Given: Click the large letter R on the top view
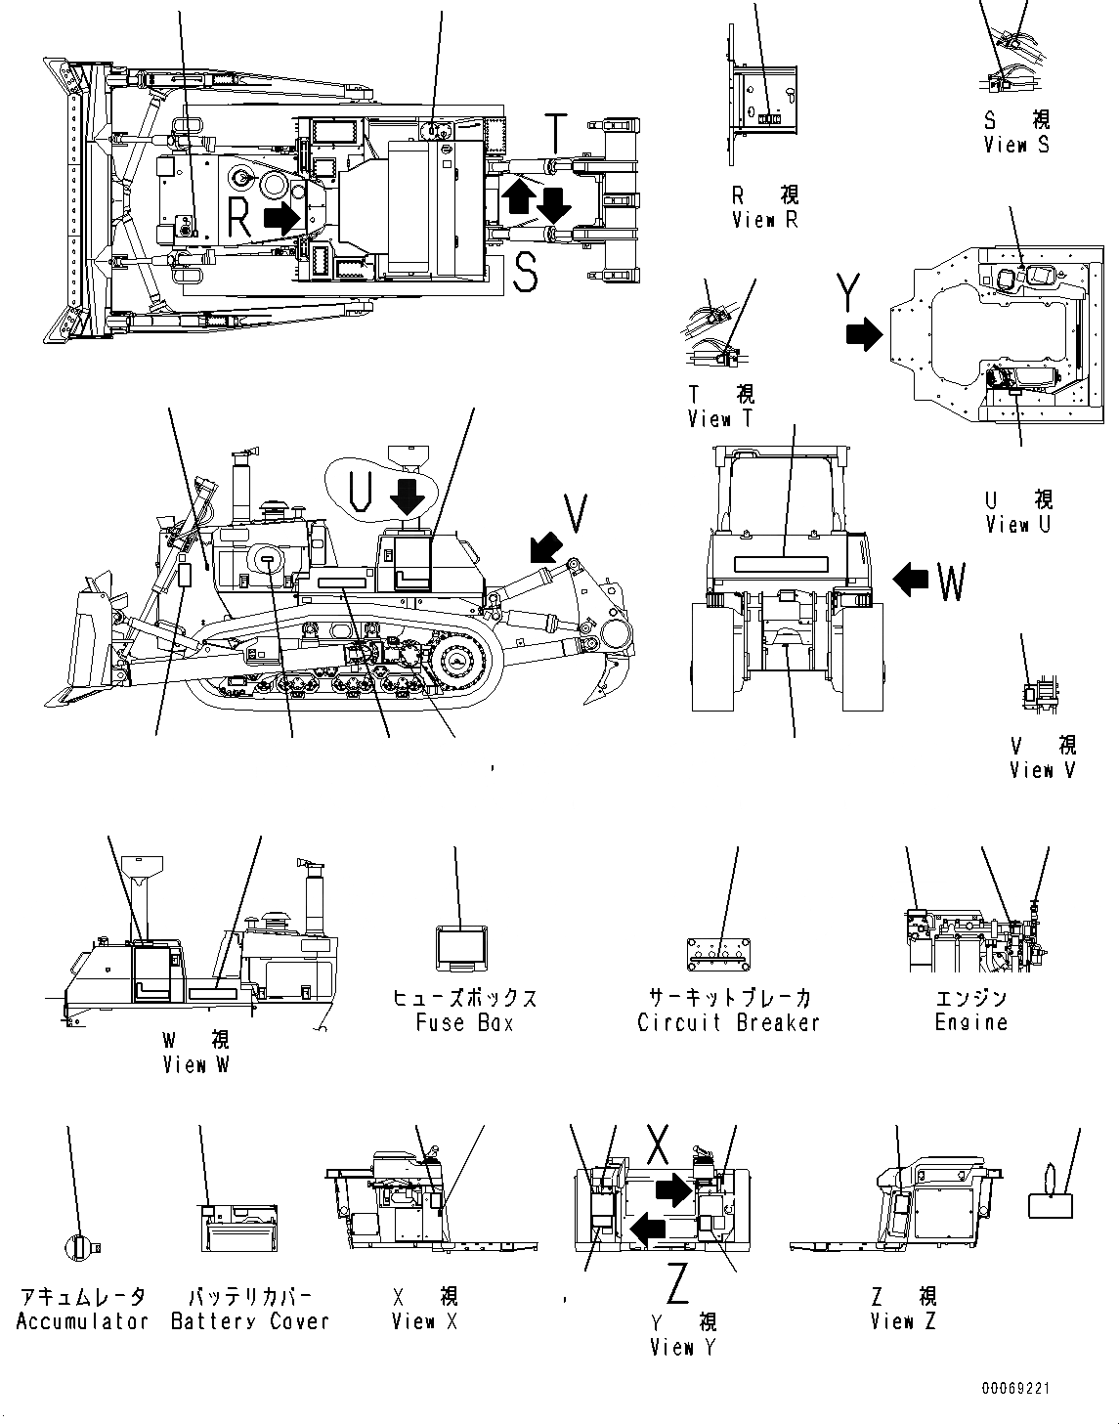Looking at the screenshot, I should pyautogui.click(x=239, y=217).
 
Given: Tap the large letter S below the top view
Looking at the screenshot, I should pyautogui.click(x=525, y=273).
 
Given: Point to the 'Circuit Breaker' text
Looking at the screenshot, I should pyautogui.click(x=728, y=1022).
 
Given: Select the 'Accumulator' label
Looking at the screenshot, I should pyautogui.click(x=82, y=1320).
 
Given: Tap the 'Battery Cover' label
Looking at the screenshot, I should pyautogui.click(x=250, y=1320).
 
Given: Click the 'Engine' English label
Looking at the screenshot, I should pyautogui.click(x=970, y=1022).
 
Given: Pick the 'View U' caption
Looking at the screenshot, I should pyautogui.click(x=1018, y=524).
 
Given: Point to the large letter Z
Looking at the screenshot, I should pyautogui.click(x=677, y=1283).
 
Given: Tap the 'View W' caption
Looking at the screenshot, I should pyautogui.click(x=195, y=1064).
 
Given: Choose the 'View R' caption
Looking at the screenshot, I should pyautogui.click(x=764, y=220).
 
